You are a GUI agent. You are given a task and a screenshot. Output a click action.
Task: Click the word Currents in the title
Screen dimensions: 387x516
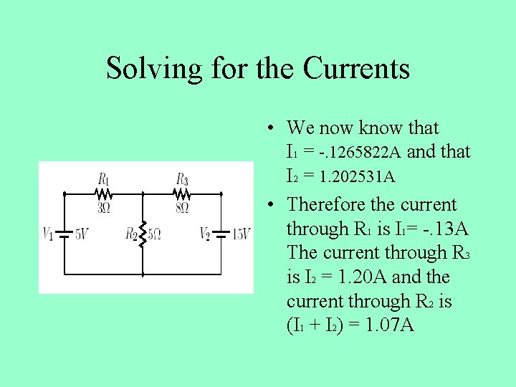tap(356, 69)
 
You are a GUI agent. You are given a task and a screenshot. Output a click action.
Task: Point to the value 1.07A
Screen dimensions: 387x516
tap(389, 325)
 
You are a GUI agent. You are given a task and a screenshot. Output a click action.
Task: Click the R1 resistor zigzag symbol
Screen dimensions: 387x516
tap(104, 193)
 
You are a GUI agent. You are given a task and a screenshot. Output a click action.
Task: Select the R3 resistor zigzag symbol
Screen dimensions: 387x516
tap(182, 193)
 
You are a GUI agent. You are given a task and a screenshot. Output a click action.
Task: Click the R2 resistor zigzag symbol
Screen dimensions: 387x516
tap(143, 233)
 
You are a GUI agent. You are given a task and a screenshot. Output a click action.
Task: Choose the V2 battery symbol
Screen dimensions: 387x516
tap(221, 234)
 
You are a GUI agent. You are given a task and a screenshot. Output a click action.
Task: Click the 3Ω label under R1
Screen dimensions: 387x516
tap(104, 208)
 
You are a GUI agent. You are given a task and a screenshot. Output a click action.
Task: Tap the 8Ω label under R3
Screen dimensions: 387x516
tap(182, 208)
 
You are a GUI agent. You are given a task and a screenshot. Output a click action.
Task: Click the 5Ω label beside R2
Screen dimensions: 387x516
tap(156, 234)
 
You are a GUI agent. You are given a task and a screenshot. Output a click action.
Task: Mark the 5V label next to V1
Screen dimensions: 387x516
tap(82, 234)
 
